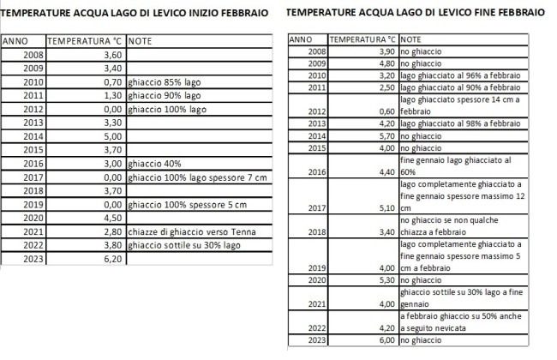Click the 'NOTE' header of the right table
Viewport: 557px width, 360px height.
tap(410, 39)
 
